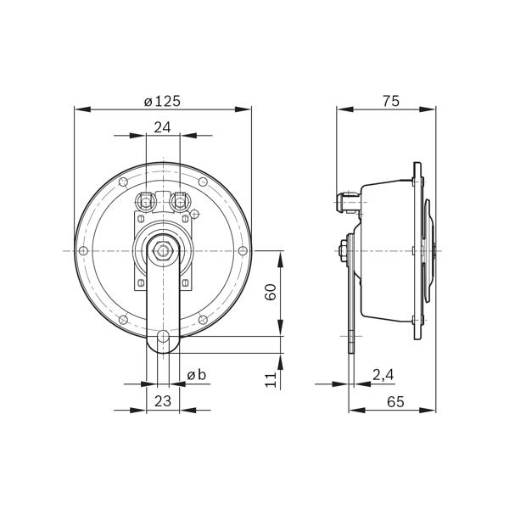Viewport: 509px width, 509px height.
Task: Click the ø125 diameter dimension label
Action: pos(162,101)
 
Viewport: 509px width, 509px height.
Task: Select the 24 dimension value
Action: pos(162,127)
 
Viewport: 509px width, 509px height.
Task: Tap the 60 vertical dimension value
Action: pos(271,292)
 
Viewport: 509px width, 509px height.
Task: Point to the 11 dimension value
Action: pos(271,379)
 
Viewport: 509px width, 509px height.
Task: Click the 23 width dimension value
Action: pos(162,401)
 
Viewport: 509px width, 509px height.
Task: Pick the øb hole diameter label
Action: pos(197,375)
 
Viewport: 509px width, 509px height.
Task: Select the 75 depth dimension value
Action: pos(390,101)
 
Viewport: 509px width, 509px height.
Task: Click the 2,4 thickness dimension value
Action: pos(383,375)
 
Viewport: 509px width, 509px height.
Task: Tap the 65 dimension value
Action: pos(395,402)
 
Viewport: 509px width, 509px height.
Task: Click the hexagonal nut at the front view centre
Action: pos(163,250)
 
